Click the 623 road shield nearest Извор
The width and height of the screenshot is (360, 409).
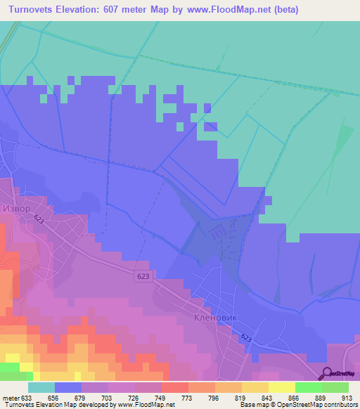(x=39, y=219)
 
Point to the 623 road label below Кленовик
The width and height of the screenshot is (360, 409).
(x=247, y=338)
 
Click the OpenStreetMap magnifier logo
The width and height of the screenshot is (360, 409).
(x=327, y=374)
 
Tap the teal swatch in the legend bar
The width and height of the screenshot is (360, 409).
(x=41, y=387)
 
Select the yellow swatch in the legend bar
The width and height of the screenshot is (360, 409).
(x=281, y=387)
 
